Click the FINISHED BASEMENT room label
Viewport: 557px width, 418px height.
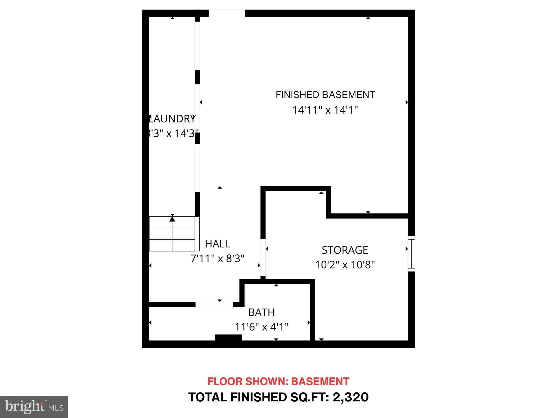tap(325, 95)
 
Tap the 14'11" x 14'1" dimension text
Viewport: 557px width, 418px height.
tap(325, 110)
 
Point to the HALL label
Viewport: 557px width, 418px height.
tap(217, 244)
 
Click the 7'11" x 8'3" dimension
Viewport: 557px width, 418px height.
tap(217, 258)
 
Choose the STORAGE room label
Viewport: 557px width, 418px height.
tap(345, 250)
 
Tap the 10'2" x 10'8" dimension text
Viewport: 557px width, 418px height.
tap(345, 265)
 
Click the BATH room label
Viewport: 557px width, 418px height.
tap(261, 312)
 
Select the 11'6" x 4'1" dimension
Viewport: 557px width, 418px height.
tap(261, 327)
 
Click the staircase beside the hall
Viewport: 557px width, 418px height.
tap(172, 234)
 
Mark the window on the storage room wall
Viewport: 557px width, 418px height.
tap(411, 254)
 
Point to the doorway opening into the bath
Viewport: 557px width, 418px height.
tap(214, 305)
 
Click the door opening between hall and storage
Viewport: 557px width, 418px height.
tap(263, 257)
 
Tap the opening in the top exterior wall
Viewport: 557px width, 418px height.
tap(227, 13)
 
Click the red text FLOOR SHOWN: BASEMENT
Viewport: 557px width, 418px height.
tap(278, 382)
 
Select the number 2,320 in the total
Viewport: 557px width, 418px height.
tap(351, 397)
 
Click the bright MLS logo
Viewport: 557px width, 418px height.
tap(34, 407)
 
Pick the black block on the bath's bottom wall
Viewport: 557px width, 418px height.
tap(228, 337)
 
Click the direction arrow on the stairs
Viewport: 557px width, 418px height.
tap(172, 218)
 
